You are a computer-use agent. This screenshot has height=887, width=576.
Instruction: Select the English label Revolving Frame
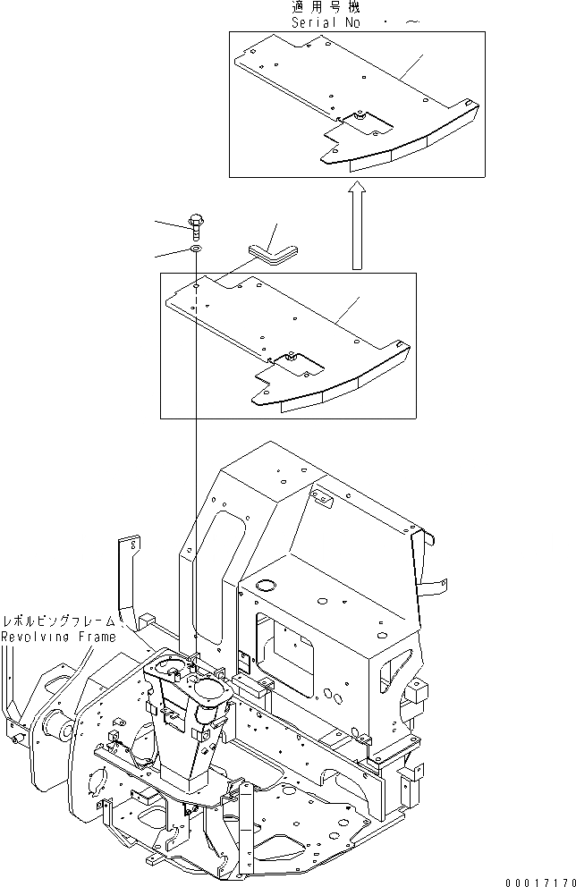tap(57, 637)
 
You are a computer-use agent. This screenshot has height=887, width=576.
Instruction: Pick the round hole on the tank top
tap(267, 585)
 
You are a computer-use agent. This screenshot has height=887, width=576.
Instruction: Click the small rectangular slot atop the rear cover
tap(321, 494)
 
